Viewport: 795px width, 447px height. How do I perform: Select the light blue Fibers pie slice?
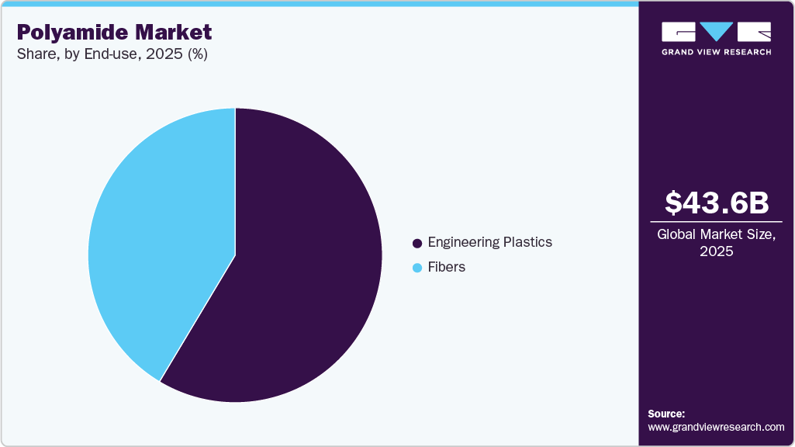(x=155, y=233)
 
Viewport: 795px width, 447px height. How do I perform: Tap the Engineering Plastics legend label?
(x=489, y=242)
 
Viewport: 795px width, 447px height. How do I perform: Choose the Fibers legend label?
(x=446, y=267)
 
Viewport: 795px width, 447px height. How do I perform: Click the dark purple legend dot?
(x=417, y=243)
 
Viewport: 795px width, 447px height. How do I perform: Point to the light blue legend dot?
(x=417, y=268)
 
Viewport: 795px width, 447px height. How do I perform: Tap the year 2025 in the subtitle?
(x=162, y=55)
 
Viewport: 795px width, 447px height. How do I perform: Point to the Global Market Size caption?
(x=717, y=234)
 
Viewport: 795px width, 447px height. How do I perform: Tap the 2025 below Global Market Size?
(x=717, y=252)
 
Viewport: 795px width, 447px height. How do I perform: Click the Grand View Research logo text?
(x=716, y=52)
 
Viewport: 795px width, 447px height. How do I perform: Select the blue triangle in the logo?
(x=717, y=31)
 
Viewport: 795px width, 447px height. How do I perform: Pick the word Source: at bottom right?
(x=666, y=414)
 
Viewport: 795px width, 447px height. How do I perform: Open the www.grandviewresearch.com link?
(x=716, y=427)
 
